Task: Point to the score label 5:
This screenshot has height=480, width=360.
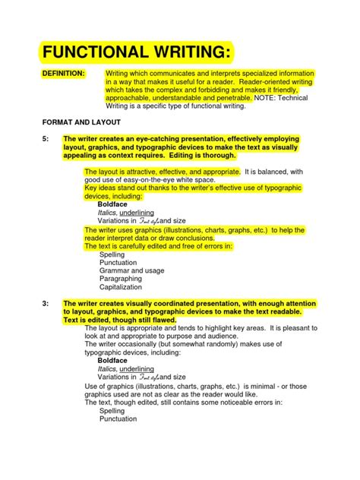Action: [46, 140]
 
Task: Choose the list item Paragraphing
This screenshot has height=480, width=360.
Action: [121, 279]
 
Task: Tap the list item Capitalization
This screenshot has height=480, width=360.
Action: [122, 287]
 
